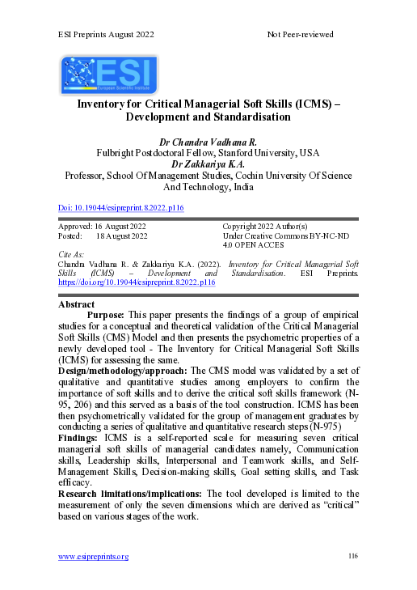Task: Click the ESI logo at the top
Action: click(x=109, y=75)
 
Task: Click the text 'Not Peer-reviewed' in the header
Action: click(x=300, y=35)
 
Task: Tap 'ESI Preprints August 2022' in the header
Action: click(x=106, y=35)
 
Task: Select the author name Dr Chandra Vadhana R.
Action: click(x=208, y=141)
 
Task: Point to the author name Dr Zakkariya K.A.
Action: click(x=208, y=163)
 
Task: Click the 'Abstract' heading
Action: click(x=78, y=304)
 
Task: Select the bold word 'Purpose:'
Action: click(x=105, y=316)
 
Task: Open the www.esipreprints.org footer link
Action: click(x=93, y=556)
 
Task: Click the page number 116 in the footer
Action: click(x=352, y=556)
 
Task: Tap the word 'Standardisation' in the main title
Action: click(x=246, y=117)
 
